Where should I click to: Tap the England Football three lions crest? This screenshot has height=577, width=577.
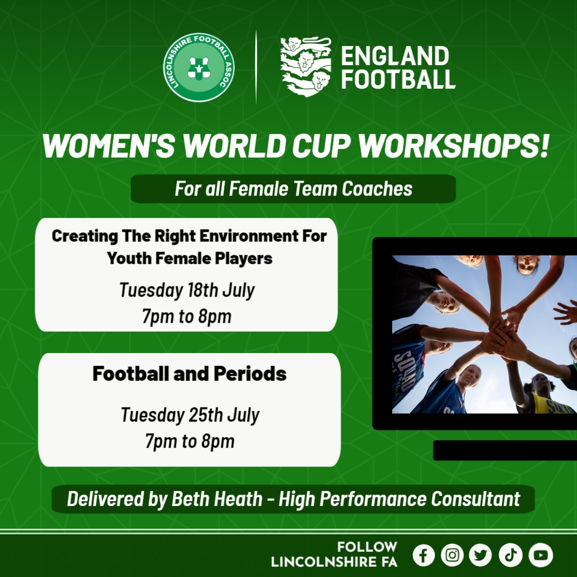[306, 67]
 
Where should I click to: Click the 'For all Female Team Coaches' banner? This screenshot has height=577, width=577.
[293, 189]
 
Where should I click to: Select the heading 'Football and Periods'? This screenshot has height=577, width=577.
[189, 373]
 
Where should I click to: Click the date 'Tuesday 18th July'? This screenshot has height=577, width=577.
[186, 290]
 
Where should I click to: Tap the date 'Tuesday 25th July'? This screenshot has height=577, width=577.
[189, 415]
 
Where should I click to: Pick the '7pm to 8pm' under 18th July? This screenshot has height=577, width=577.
[186, 316]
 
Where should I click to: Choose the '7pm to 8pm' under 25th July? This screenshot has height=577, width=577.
[189, 441]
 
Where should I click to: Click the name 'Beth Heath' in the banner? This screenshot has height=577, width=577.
[217, 498]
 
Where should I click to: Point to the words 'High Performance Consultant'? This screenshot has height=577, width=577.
[399, 498]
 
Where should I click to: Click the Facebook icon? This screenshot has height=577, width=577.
[424, 556]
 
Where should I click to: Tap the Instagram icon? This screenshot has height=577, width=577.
[453, 556]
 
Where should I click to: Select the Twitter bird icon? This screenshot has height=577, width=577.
[481, 556]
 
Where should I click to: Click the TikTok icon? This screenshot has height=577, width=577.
[510, 556]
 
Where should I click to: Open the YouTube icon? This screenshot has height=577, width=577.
[540, 556]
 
